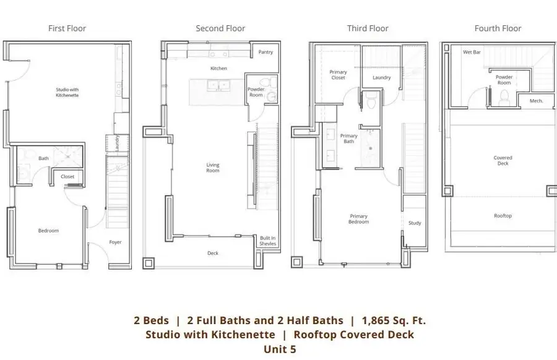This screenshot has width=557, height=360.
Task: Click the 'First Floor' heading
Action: [67, 28]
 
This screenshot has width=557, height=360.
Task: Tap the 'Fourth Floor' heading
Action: [498, 28]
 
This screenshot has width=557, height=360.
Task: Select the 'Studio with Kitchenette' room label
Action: [67, 92]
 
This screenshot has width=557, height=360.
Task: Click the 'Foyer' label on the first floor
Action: [115, 242]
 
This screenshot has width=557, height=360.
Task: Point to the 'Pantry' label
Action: [266, 53]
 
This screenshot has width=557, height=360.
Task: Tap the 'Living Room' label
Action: [213, 168]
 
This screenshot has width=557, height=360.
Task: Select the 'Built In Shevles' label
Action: [268, 241]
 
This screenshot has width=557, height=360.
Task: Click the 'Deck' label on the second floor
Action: [213, 253]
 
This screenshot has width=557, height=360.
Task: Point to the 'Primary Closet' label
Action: [338, 75]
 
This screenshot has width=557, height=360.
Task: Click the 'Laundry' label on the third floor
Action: [382, 78]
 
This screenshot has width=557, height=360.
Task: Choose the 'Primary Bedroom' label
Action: [358, 219]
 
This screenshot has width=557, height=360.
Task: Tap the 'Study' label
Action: [414, 223]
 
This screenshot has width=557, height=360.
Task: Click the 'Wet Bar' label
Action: [472, 53]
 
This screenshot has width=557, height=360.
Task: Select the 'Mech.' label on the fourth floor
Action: [536, 100]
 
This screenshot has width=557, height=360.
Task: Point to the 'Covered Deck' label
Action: [503, 161]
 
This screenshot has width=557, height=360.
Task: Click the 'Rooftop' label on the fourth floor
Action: [503, 216]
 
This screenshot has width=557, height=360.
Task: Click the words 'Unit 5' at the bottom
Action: [280, 349]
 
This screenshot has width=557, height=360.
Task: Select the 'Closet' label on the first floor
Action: [67, 177]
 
